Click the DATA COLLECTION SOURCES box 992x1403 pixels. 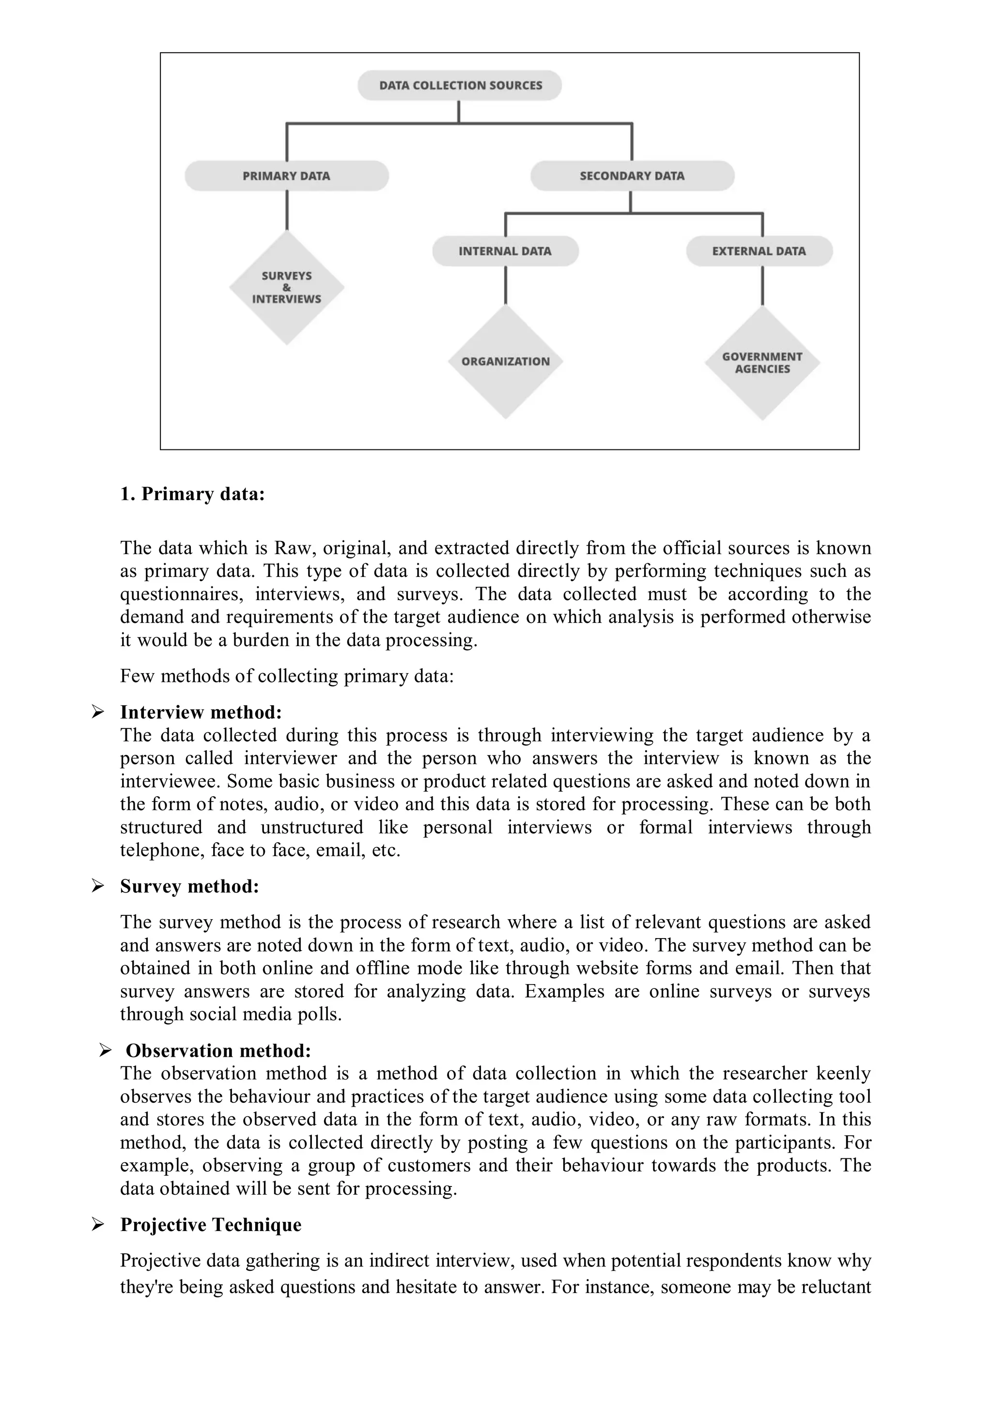[x=460, y=86]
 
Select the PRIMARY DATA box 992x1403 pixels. [x=287, y=176]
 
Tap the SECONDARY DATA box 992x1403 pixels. [x=632, y=176]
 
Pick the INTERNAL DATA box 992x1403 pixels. [x=505, y=251]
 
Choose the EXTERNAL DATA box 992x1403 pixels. [x=759, y=251]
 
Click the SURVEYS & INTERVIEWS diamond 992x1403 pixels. [x=287, y=288]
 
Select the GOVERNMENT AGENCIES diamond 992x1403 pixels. [x=762, y=363]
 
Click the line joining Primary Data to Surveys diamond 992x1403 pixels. [x=287, y=210]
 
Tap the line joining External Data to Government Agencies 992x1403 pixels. [x=762, y=285]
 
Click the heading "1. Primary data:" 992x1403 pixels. [x=192, y=494]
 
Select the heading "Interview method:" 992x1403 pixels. [x=201, y=712]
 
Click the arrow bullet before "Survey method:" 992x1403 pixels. [x=98, y=886]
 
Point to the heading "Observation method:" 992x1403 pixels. [x=218, y=1050]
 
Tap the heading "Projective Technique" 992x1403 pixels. [x=210, y=1225]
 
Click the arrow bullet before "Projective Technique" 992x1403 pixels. [x=98, y=1225]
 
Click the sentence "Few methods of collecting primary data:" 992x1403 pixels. [x=287, y=676]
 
